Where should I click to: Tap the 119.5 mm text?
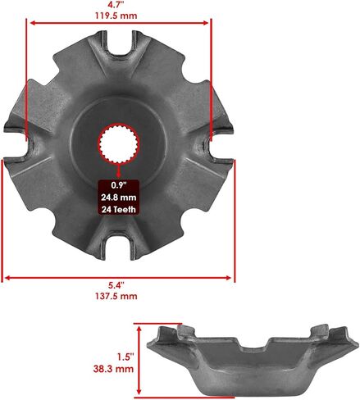click(116, 16)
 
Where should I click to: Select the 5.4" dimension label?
click(116, 285)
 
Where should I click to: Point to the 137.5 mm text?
click(116, 296)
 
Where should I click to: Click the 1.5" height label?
click(126, 357)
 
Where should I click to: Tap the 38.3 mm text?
click(113, 369)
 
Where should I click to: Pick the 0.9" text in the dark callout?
click(119, 185)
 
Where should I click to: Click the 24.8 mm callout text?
click(119, 198)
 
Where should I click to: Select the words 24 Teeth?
click(119, 210)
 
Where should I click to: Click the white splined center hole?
click(119, 143)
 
